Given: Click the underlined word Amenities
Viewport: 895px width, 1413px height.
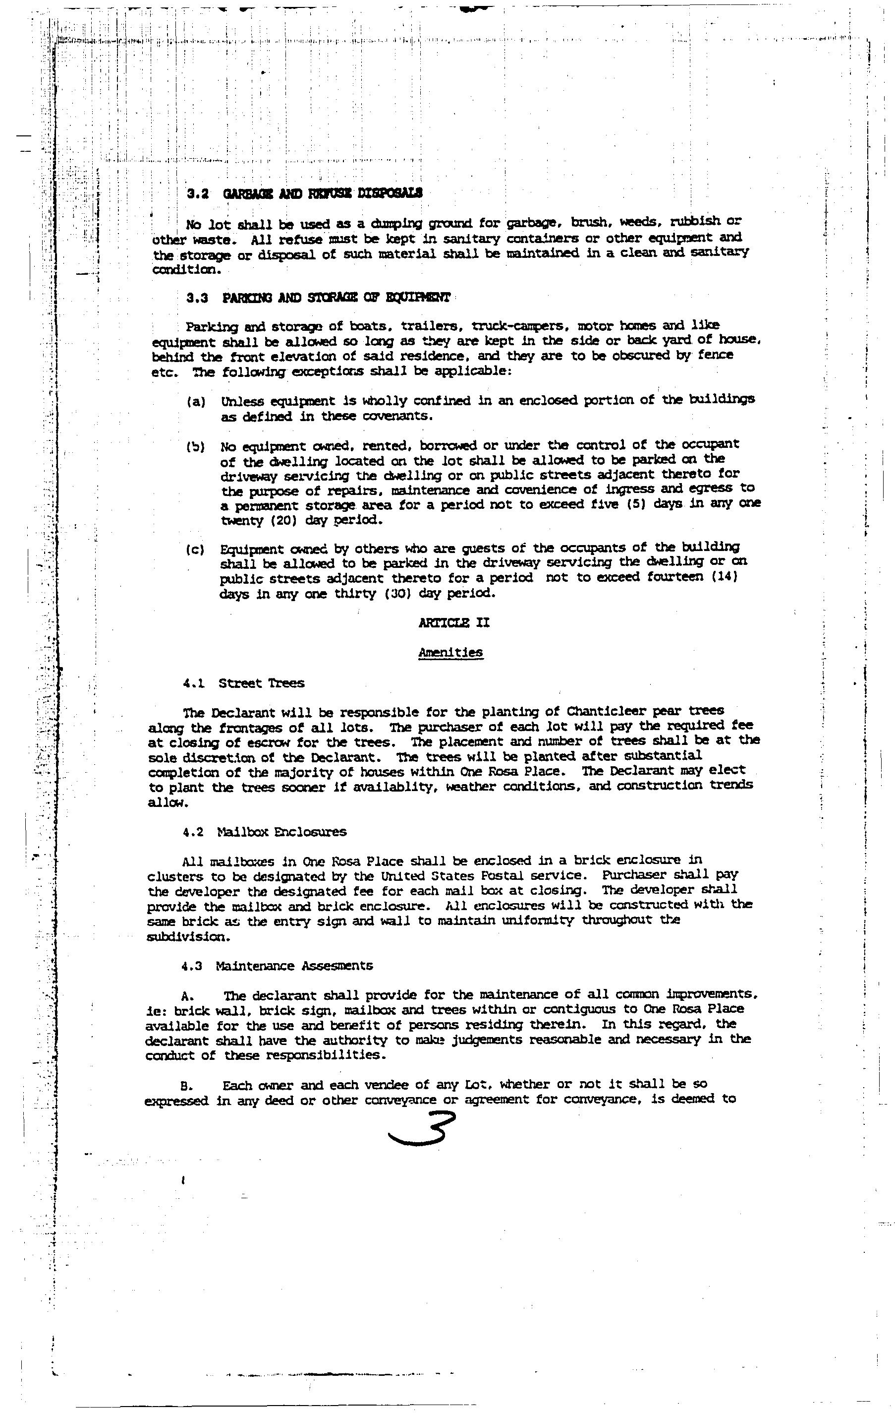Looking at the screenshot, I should (450, 653).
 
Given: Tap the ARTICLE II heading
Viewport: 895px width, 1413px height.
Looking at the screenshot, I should (454, 622).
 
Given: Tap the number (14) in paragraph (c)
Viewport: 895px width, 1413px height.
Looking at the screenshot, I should (725, 577).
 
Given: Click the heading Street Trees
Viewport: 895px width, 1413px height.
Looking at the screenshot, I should (262, 683).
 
